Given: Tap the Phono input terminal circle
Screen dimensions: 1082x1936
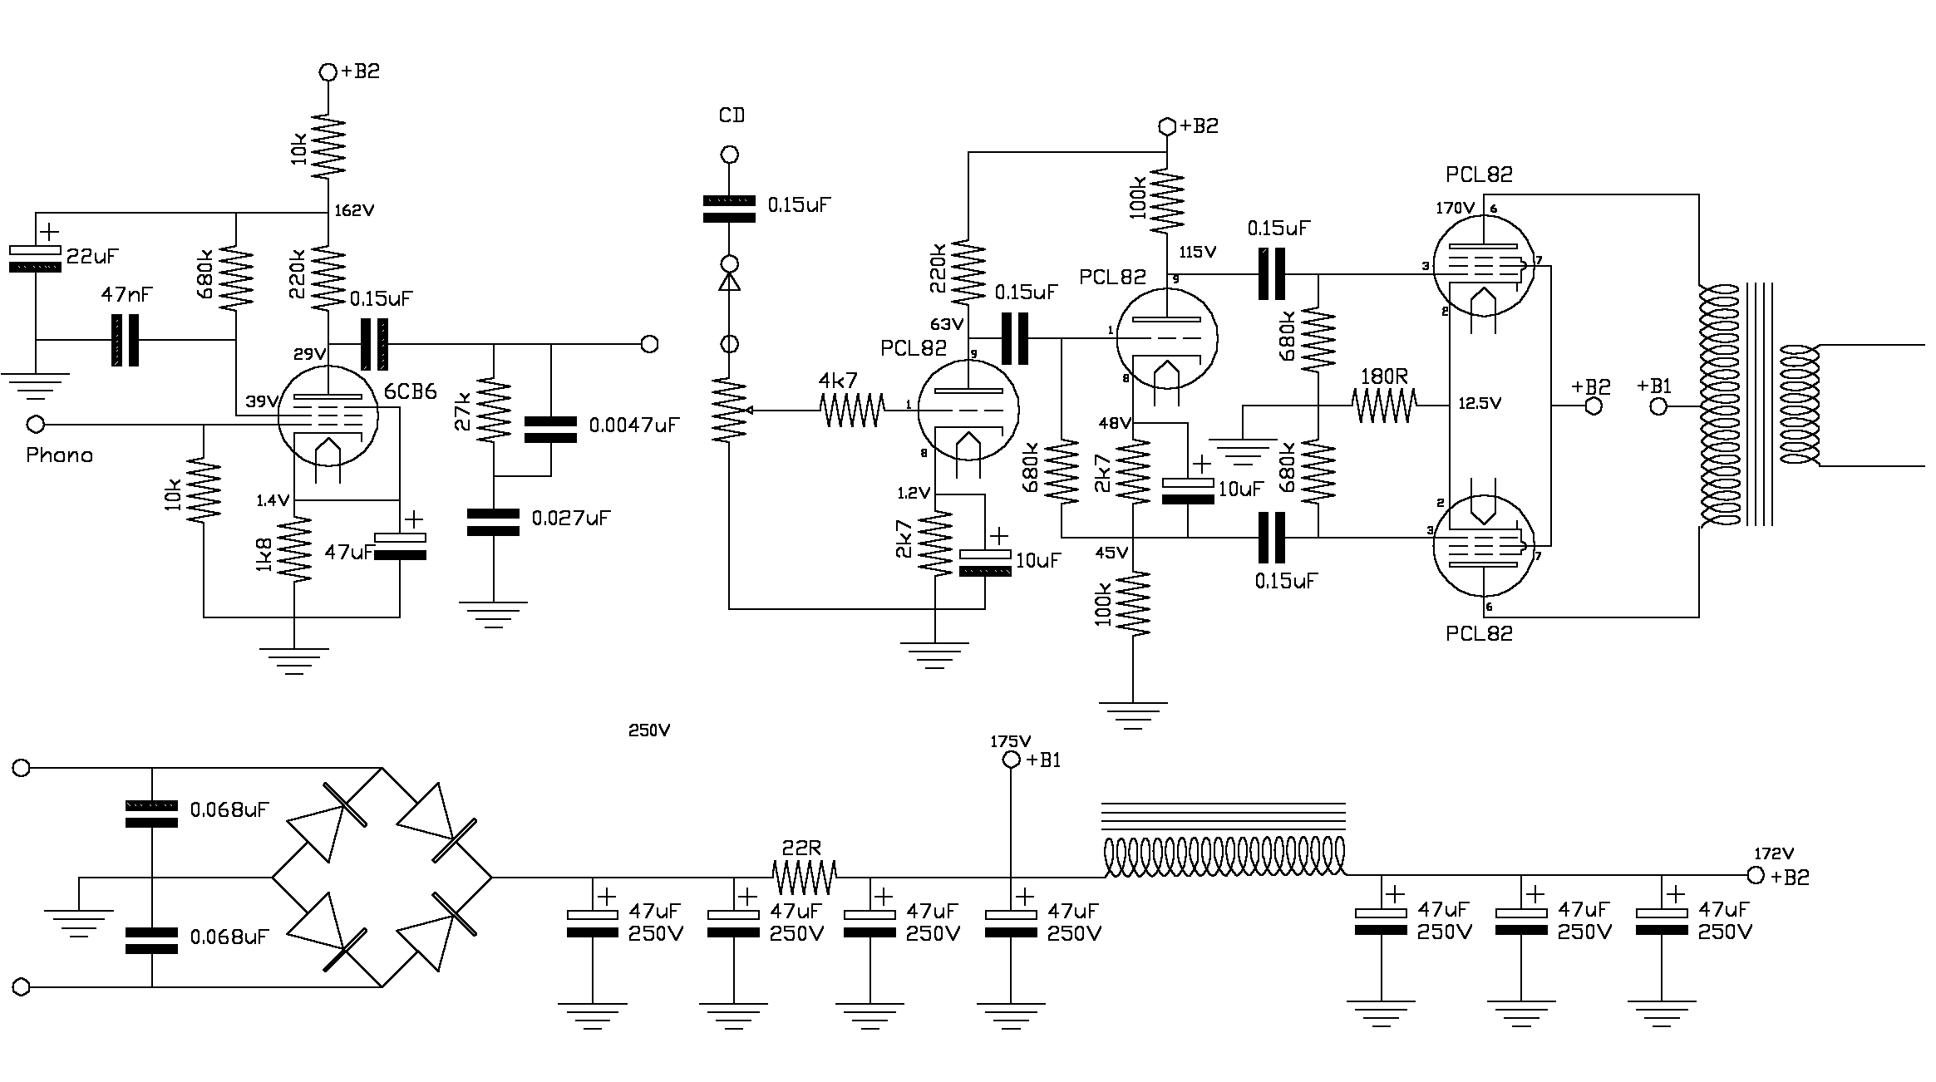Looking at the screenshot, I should tap(36, 425).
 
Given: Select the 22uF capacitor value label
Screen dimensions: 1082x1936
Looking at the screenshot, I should tap(92, 256).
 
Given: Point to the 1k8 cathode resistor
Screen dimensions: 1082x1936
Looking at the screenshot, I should tap(295, 548).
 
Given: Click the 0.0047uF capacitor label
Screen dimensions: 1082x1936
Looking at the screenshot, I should tap(633, 425).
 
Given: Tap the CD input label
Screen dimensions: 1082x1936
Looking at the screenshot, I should tap(732, 116).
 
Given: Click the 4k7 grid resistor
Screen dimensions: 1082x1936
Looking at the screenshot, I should tap(852, 410).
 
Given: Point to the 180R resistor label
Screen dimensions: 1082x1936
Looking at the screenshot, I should tap(1383, 376).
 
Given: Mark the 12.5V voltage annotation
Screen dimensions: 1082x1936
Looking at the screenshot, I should tap(1480, 404).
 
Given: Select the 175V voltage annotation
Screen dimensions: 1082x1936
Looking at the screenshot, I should tap(1010, 741).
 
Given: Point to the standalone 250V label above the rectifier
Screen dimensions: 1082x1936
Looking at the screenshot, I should tap(649, 730).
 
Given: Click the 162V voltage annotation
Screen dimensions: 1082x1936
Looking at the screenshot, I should tap(354, 211).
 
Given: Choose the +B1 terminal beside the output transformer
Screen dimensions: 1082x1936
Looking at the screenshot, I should tap(1658, 407).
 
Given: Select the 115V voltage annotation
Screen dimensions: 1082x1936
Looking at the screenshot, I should tap(1197, 251).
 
